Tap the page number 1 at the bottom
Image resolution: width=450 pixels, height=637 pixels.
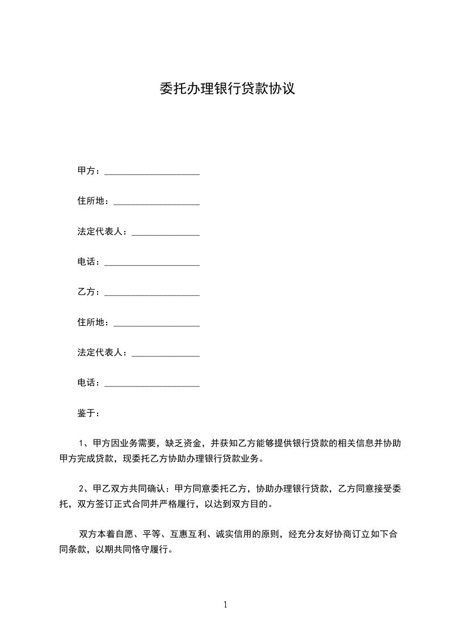[225, 605]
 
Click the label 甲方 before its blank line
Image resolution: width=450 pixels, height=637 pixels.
[86, 171]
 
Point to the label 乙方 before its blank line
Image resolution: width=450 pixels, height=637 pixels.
[86, 292]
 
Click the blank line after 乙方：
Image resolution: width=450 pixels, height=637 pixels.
[152, 293]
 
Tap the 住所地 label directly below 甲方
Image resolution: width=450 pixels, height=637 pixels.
[91, 201]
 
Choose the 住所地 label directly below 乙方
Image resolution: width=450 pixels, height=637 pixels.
[91, 322]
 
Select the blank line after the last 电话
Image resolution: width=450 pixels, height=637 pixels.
[152, 384]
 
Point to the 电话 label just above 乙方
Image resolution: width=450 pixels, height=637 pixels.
[86, 262]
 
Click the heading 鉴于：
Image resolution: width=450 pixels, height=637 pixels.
[89, 413]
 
